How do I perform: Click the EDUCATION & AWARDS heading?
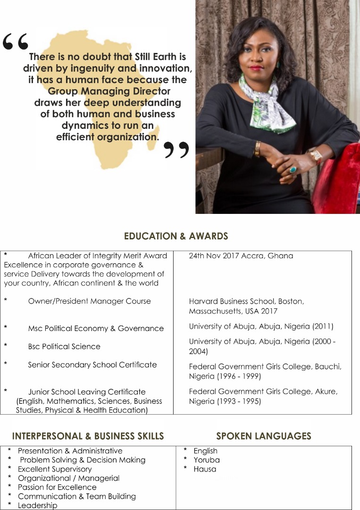click(176, 236)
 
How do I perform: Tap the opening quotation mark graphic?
click(15, 42)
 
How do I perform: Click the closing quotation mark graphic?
click(176, 150)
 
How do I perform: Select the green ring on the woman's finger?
click(293, 169)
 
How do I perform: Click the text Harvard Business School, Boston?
click(246, 301)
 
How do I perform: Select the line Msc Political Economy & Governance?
click(96, 328)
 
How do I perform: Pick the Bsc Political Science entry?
click(64, 347)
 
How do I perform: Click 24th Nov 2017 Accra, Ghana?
click(241, 256)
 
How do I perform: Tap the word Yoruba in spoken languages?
click(206, 460)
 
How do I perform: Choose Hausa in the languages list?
click(205, 469)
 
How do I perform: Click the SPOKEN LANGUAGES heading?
click(264, 436)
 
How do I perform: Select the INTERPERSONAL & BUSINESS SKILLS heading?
click(88, 436)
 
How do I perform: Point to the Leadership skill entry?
click(37, 505)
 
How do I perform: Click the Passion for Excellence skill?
click(57, 487)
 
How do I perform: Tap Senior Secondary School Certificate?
click(92, 365)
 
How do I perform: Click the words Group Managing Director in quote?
click(109, 91)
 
